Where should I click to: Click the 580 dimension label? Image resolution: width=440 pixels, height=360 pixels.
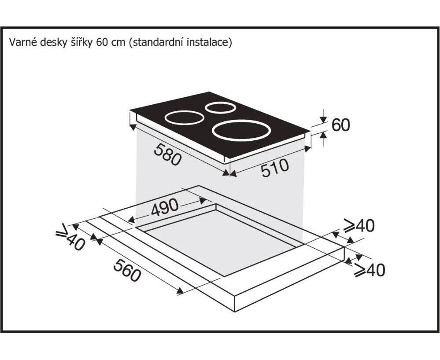coord(167,154)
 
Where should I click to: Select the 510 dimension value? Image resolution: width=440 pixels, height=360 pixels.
coord(275,168)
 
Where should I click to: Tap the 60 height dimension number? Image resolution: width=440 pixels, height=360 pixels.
coord(340,125)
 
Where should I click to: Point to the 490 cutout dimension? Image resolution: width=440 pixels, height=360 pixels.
coord(165,207)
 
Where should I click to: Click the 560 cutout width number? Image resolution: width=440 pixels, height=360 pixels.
coord(127,270)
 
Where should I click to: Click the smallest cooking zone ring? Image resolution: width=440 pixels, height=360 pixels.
coord(220,113)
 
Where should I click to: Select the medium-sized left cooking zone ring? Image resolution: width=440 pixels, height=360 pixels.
coord(185,124)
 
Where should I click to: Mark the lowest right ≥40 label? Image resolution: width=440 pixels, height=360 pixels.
coord(370,270)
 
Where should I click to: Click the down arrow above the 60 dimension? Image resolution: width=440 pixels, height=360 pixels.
coord(324,117)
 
